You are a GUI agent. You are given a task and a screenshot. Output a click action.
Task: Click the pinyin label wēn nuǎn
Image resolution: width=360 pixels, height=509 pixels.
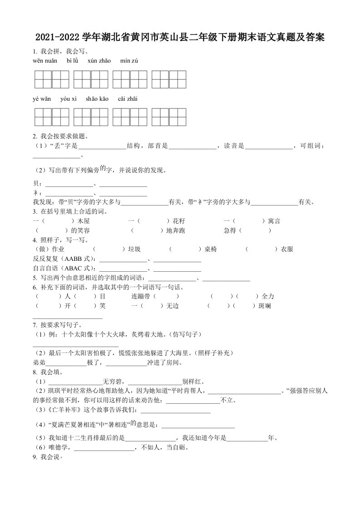point(45,61)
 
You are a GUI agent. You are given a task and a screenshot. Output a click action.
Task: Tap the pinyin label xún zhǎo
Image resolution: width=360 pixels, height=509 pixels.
point(99,61)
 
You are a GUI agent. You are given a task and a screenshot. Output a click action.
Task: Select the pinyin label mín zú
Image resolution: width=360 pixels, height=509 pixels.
point(129,61)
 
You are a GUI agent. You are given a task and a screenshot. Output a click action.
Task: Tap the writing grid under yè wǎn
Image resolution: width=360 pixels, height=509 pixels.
point(51,117)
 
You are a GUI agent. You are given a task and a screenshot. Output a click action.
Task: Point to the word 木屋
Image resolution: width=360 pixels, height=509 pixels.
point(84,221)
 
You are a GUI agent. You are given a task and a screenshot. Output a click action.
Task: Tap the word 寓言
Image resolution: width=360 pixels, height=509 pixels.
point(274,221)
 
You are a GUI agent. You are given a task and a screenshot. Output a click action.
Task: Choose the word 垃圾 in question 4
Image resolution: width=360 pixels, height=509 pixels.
point(134,249)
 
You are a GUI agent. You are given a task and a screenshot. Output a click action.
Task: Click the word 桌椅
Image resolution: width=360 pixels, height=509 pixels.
point(211,249)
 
